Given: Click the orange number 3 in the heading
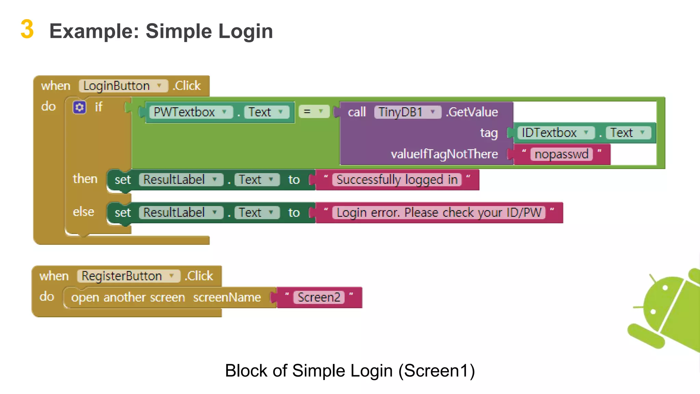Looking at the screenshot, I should point(27,29).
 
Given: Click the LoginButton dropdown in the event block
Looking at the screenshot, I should point(123,86).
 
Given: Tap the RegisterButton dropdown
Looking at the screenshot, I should point(128,276).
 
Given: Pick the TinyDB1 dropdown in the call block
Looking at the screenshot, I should point(407,112).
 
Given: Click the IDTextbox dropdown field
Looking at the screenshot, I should point(555,133).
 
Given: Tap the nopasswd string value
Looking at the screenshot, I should point(561,154).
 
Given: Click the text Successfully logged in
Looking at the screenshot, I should point(397,180).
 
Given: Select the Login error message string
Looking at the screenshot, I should point(439,212).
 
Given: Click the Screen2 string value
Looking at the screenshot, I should point(319,297).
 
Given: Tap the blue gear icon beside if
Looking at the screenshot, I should point(79,107).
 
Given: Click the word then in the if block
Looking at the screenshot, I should point(85,179).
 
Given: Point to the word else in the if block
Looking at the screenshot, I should point(83,212).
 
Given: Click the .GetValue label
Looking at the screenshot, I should point(472,112).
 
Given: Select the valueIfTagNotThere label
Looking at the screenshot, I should point(444,154).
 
